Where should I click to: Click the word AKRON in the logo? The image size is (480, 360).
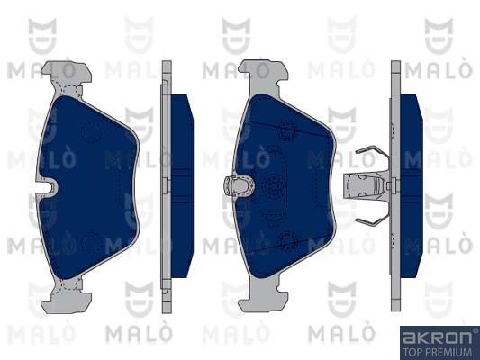point(437,337)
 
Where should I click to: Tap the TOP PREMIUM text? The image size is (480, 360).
point(437,352)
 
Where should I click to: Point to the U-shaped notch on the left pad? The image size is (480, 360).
point(49,185)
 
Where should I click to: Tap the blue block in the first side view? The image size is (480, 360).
point(182,185)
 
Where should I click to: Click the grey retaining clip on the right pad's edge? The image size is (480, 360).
point(239,185)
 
